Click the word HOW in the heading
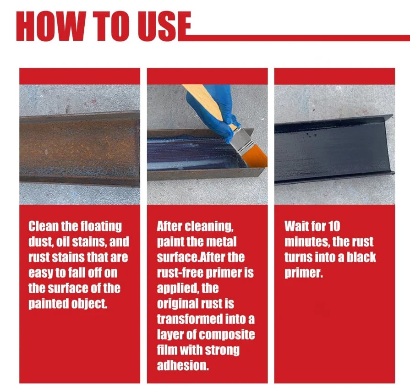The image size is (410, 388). click(x=51, y=26)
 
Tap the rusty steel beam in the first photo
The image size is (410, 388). click(x=80, y=148)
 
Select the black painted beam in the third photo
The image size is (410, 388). click(x=334, y=149)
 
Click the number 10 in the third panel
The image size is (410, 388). click(x=334, y=226)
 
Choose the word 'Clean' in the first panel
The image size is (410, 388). click(x=44, y=226)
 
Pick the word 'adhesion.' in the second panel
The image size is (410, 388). click(x=183, y=365)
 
